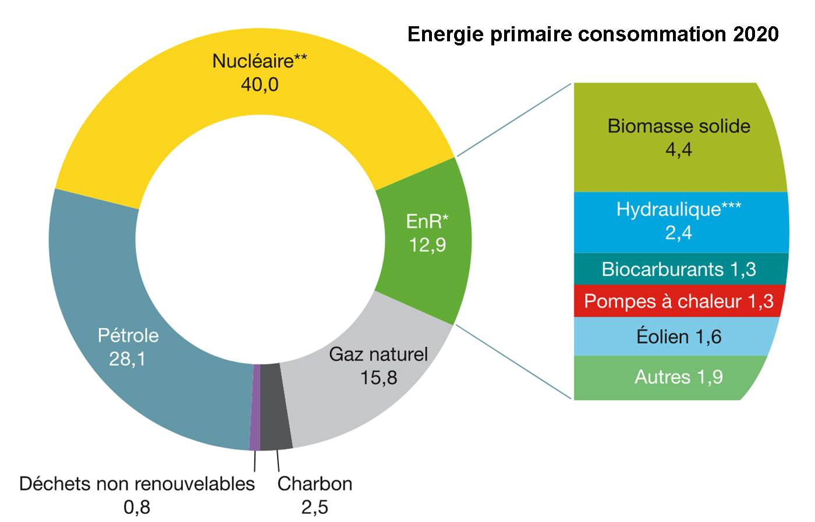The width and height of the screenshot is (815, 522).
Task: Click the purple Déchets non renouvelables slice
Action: point(255,407)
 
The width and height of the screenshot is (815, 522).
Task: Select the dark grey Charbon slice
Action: point(275,407)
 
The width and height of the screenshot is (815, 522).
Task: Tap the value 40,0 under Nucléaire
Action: point(260,85)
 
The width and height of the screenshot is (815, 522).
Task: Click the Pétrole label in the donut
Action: point(128,335)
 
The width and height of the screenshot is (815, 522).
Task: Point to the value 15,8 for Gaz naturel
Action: point(378,378)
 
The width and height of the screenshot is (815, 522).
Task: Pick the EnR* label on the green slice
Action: point(427,221)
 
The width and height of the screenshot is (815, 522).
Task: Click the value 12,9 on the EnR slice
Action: point(427,245)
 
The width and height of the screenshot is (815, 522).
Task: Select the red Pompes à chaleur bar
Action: point(679,301)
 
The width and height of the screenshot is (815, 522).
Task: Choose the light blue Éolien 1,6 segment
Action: point(676,336)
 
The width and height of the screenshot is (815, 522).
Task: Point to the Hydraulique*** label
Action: point(679,209)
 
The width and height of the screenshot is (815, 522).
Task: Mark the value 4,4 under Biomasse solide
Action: point(679,150)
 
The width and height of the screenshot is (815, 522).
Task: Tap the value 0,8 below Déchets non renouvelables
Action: point(137,507)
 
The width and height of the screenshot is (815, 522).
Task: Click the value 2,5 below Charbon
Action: point(314,507)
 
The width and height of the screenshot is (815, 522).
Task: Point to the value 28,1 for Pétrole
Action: point(127,359)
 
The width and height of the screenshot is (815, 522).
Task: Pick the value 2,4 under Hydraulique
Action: point(679,233)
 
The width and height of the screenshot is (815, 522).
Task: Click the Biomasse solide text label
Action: point(679,126)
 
